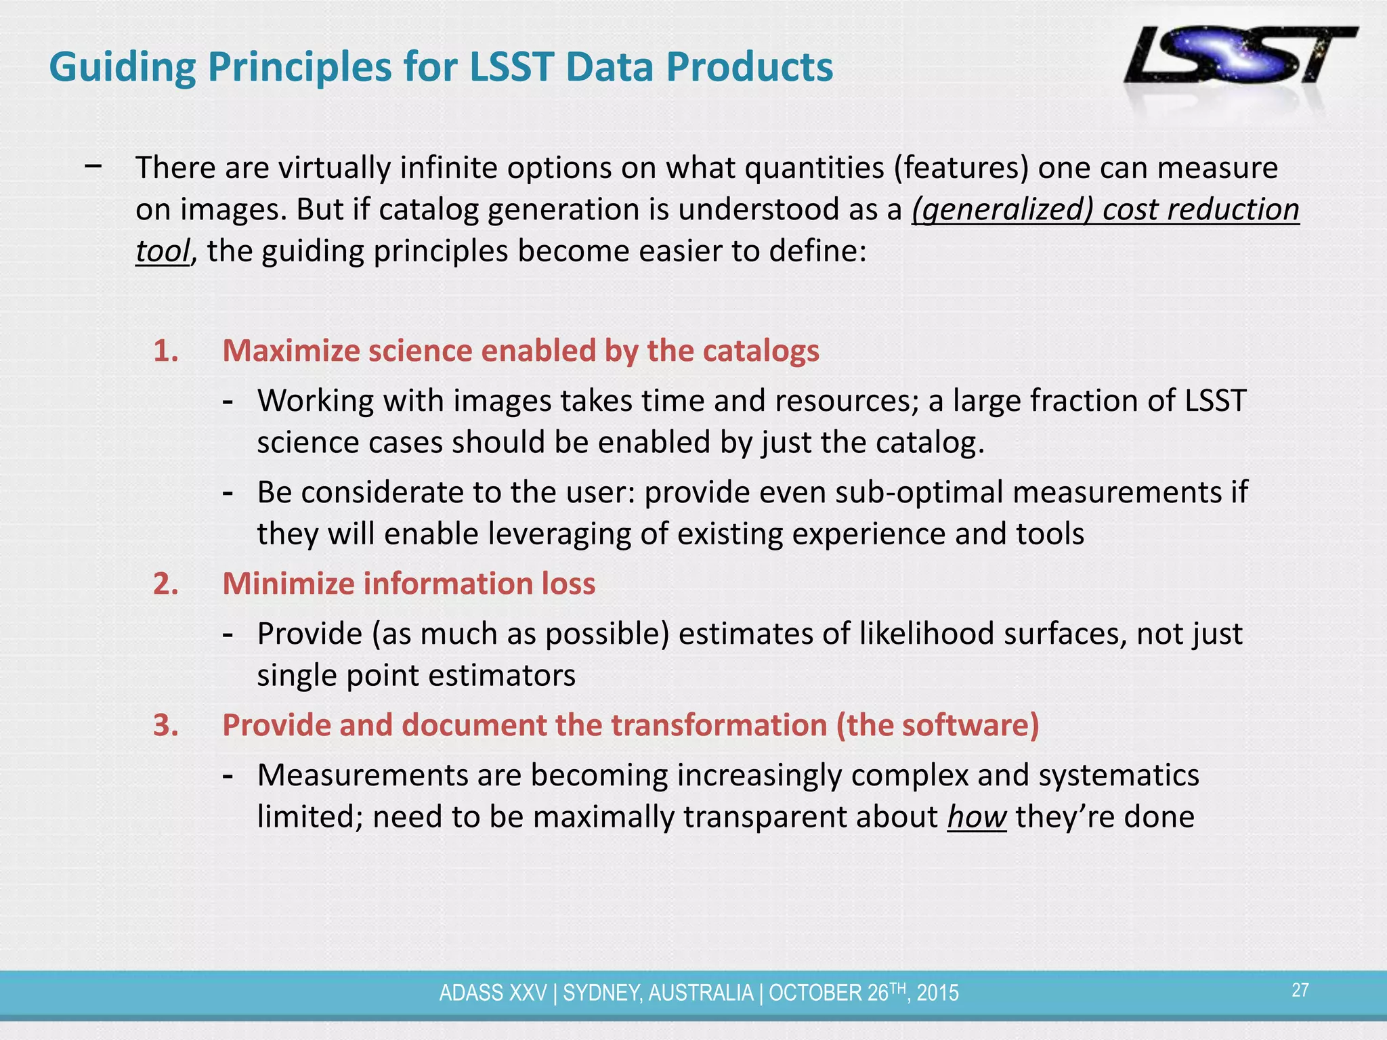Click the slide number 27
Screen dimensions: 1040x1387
point(1300,991)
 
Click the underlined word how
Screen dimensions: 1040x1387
point(977,817)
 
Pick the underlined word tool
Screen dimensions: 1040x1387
point(162,251)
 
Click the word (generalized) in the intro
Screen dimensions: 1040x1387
point(1002,210)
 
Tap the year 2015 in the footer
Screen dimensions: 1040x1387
point(938,993)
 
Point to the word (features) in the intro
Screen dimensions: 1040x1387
point(960,168)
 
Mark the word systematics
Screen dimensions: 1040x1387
point(1119,775)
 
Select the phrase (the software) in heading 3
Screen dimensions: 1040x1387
point(937,725)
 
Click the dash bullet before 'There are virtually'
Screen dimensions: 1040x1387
point(94,166)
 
